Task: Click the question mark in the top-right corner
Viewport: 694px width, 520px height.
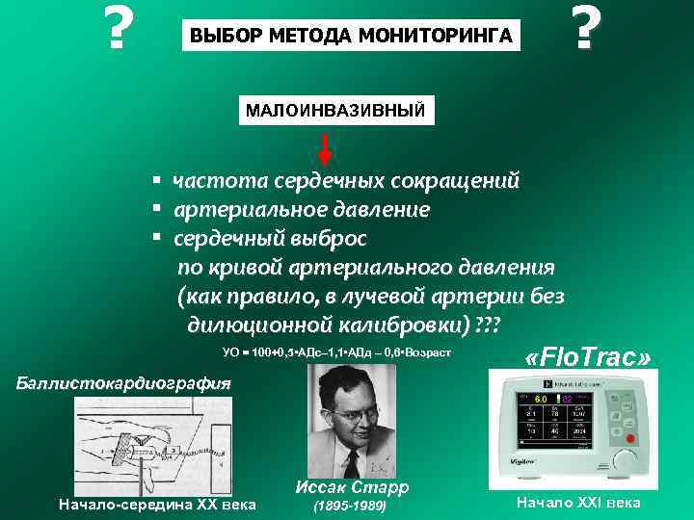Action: pyautogui.click(x=580, y=28)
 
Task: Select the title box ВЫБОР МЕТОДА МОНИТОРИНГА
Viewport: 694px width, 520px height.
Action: pyautogui.click(x=351, y=37)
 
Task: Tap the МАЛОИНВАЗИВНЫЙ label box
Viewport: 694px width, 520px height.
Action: pyautogui.click(x=335, y=110)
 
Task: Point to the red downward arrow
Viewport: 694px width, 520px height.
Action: pyautogui.click(x=326, y=149)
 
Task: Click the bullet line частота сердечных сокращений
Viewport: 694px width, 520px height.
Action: pyautogui.click(x=345, y=180)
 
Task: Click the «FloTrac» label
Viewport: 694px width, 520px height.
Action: pyautogui.click(x=588, y=357)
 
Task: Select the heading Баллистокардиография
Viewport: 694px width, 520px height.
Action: pyautogui.click(x=126, y=382)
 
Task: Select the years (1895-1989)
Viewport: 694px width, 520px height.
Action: pyautogui.click(x=350, y=506)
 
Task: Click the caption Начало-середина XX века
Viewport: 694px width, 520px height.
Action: pyautogui.click(x=157, y=504)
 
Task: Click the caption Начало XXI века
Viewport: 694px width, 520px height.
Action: pyautogui.click(x=578, y=504)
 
